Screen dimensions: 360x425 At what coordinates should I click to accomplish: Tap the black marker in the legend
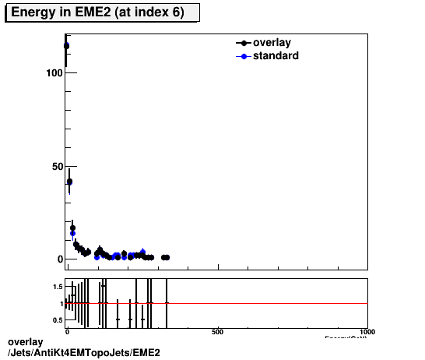pos(244,44)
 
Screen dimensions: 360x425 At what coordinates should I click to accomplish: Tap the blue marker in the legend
pos(244,56)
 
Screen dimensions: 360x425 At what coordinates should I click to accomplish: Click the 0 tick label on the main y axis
pos(58,259)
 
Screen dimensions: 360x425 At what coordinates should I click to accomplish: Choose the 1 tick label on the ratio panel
pos(61,304)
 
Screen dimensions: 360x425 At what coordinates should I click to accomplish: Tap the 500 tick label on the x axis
pos(218,333)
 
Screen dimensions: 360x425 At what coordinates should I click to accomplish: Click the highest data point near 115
pos(66,46)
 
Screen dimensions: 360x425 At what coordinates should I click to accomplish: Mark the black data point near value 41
pos(69,182)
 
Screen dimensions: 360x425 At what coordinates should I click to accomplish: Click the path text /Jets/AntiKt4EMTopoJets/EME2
pos(84,353)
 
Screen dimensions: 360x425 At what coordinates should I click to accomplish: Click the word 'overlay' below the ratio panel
pos(25,343)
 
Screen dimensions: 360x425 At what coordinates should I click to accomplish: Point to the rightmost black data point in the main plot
pos(167,257)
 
